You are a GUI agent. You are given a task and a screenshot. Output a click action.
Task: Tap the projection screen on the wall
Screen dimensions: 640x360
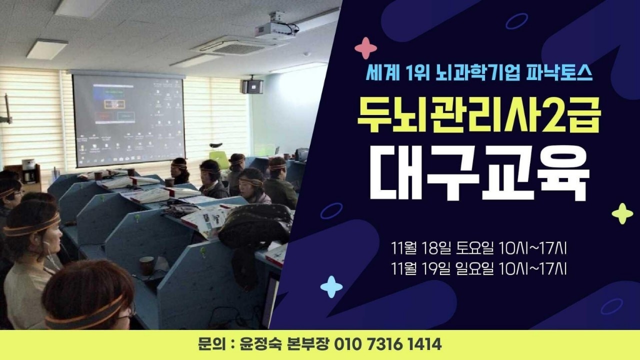tap(128, 120)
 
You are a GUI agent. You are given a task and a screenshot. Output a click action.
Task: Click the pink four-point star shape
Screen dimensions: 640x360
tap(365, 48)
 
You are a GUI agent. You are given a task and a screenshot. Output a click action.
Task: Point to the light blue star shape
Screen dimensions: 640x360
tap(331, 287)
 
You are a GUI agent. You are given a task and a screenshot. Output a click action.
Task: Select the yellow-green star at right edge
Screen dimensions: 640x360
tap(622, 213)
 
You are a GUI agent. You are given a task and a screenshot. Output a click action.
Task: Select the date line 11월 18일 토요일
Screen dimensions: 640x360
tap(442, 248)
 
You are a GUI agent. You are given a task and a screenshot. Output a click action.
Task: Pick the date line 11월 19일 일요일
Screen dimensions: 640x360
tap(442, 269)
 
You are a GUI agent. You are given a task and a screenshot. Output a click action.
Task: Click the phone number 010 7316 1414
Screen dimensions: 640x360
tap(387, 344)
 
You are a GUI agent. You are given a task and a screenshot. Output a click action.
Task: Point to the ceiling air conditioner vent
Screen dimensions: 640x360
tap(238, 45)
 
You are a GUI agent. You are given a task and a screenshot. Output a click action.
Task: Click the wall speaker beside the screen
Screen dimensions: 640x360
tap(252, 86)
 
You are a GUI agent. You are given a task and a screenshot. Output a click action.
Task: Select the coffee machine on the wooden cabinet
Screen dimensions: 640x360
tap(28, 171)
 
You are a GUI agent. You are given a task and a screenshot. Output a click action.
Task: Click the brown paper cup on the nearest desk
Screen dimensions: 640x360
tap(146, 265)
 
